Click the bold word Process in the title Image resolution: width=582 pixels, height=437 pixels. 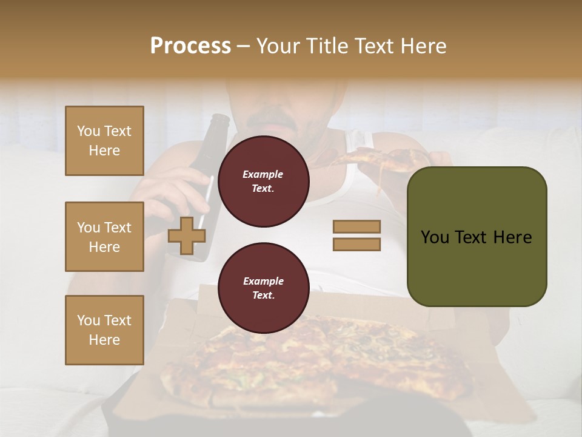[x=190, y=46]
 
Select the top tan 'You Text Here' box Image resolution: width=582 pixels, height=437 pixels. [x=104, y=141]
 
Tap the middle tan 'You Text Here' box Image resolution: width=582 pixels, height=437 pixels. [x=104, y=237]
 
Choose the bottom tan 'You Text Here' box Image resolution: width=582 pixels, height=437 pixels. [x=104, y=330]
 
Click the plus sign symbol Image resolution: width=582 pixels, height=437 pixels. [x=186, y=235]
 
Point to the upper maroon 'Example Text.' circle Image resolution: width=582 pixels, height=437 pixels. [x=263, y=181]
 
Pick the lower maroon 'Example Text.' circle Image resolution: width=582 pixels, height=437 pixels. [x=263, y=288]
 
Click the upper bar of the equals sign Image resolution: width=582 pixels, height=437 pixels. [x=356, y=227]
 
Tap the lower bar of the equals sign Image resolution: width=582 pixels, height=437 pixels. [x=356, y=245]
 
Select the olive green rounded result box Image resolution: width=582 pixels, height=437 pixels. [x=477, y=237]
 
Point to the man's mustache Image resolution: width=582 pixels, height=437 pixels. [x=273, y=119]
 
